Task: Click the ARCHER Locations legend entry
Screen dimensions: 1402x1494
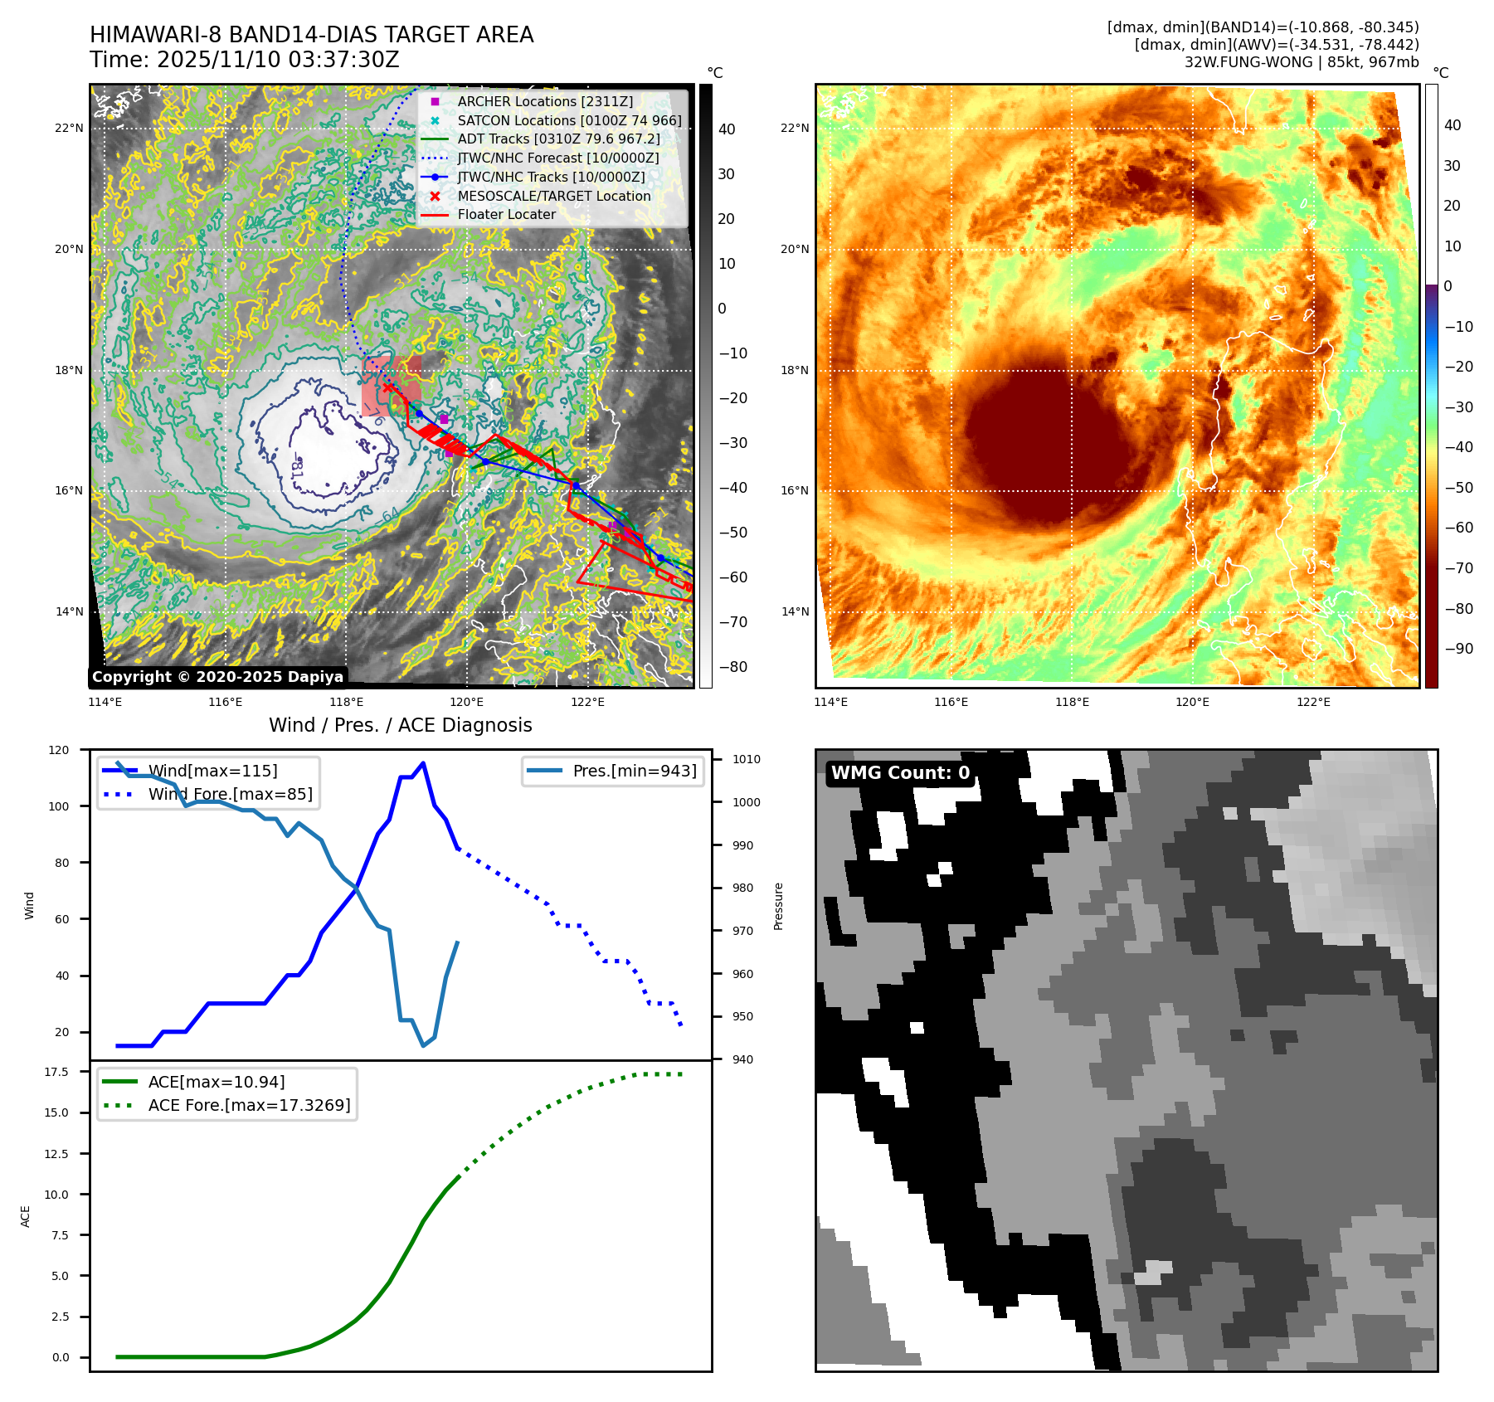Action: tap(544, 101)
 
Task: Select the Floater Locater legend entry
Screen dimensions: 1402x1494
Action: tap(506, 214)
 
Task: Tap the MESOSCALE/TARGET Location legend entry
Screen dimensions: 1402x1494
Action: tap(553, 196)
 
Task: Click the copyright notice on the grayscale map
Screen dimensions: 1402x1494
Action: tap(217, 677)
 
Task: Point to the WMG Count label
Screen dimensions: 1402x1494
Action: tap(900, 773)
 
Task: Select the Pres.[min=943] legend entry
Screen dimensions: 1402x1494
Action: tap(634, 771)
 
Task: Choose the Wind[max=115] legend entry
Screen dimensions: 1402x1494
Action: tap(212, 771)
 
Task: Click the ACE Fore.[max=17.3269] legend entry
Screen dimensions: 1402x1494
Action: tap(249, 1105)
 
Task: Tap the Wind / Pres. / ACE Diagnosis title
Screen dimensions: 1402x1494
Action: tap(401, 725)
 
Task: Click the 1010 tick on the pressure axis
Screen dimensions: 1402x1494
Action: tap(746, 759)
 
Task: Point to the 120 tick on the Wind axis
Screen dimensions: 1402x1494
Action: tap(60, 750)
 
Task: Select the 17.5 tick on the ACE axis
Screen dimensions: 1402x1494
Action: tap(56, 1072)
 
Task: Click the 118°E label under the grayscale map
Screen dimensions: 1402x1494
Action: tap(346, 703)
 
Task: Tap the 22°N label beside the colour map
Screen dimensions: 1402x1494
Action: tap(795, 128)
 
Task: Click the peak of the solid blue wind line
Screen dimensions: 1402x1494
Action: tap(423, 763)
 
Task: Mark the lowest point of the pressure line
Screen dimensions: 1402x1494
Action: tap(423, 1045)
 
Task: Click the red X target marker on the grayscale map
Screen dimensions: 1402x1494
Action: tap(388, 387)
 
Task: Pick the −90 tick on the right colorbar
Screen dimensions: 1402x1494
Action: tap(1459, 649)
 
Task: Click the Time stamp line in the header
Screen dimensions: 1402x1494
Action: tap(245, 60)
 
